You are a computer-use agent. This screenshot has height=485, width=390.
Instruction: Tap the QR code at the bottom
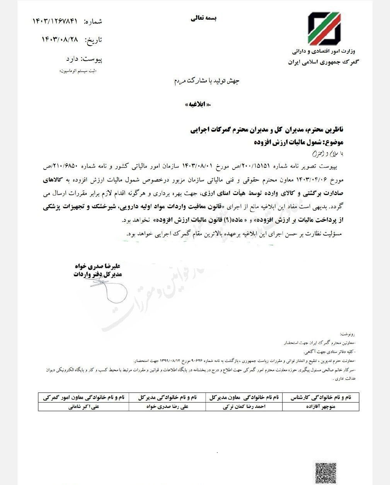pos(324,472)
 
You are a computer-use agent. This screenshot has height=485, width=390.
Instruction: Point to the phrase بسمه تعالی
pos(204,18)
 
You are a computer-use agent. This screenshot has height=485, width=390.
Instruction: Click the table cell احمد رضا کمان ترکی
pos(245,407)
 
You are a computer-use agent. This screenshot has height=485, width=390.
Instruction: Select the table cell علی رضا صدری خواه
pos(167,407)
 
